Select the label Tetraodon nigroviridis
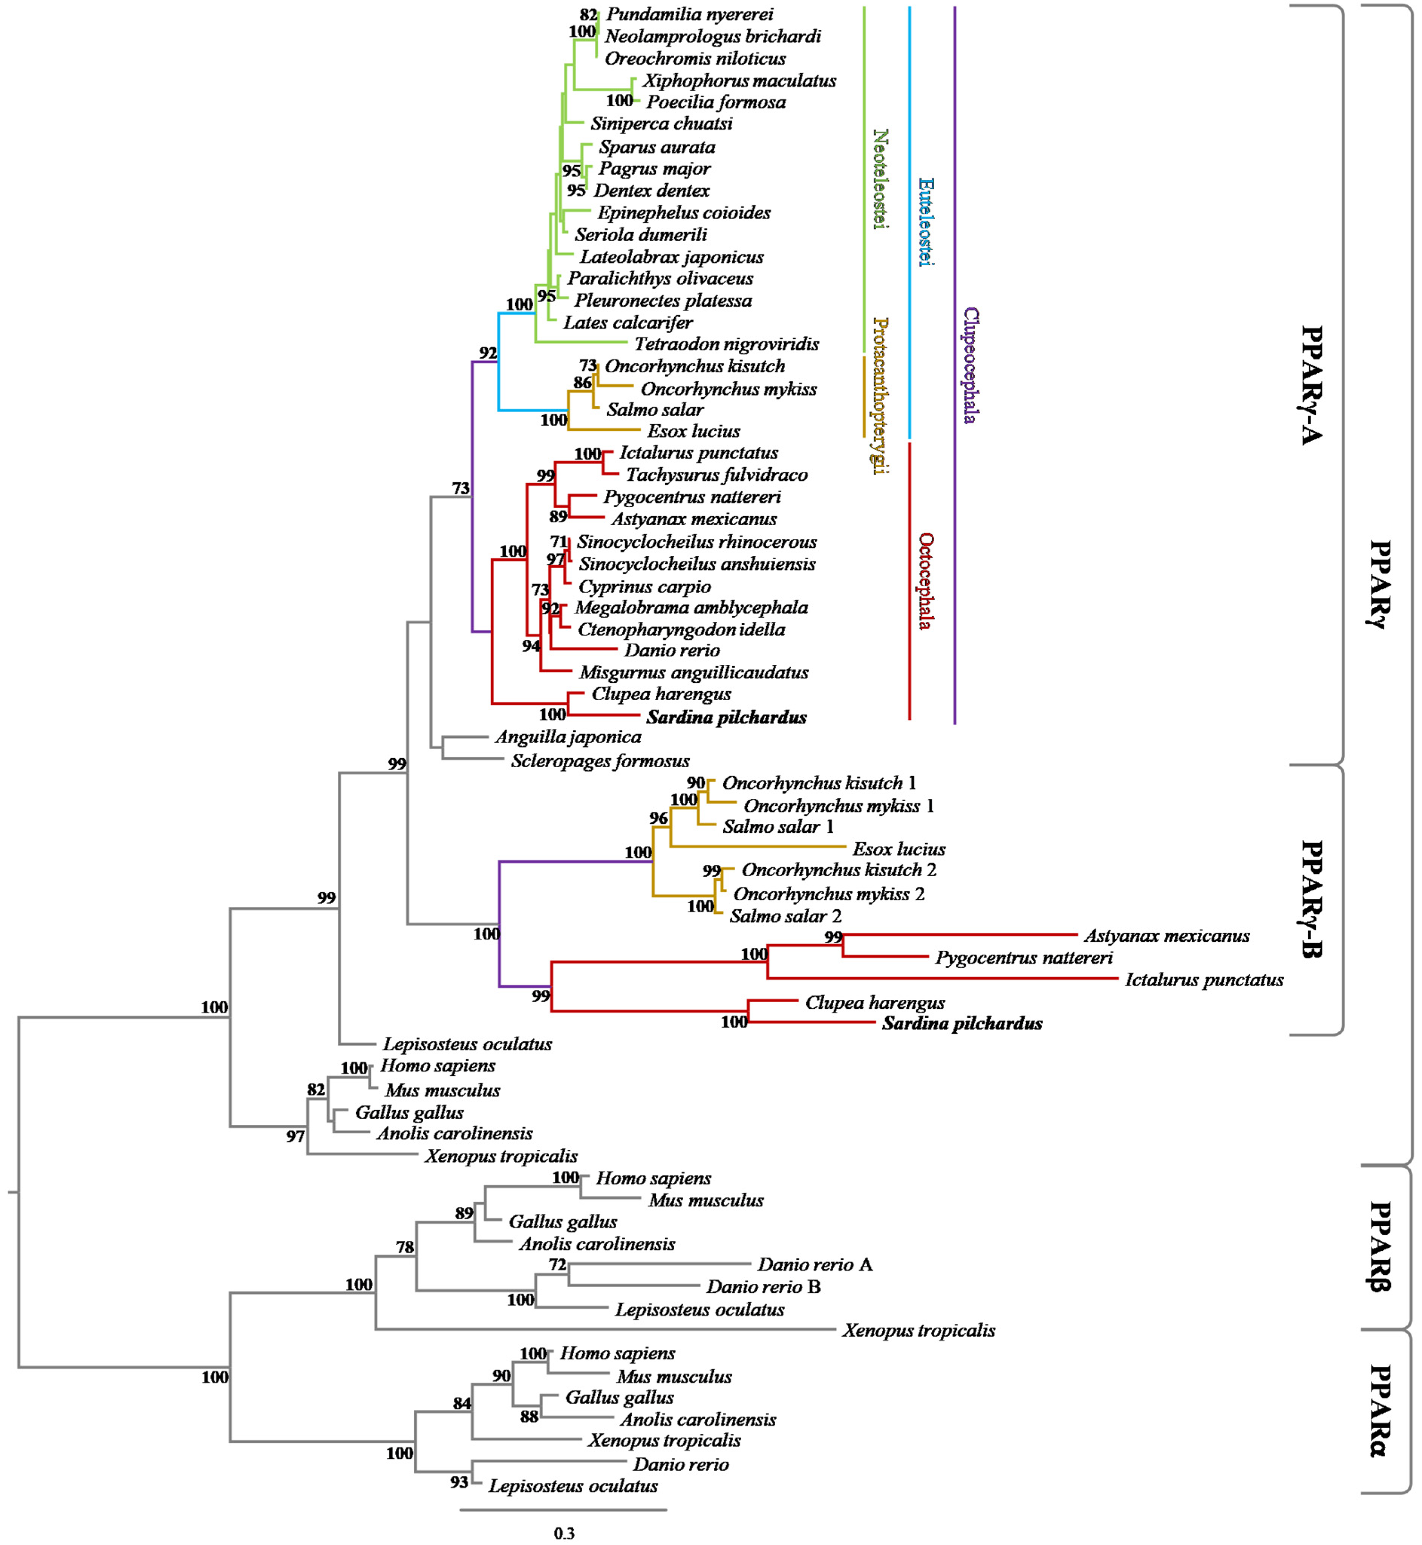(726, 344)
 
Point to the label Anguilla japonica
(568, 737)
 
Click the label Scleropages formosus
(600, 761)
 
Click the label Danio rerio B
(763, 1286)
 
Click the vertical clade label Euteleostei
(926, 222)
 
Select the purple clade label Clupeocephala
(970, 366)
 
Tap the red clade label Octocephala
(926, 581)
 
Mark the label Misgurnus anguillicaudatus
(693, 673)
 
